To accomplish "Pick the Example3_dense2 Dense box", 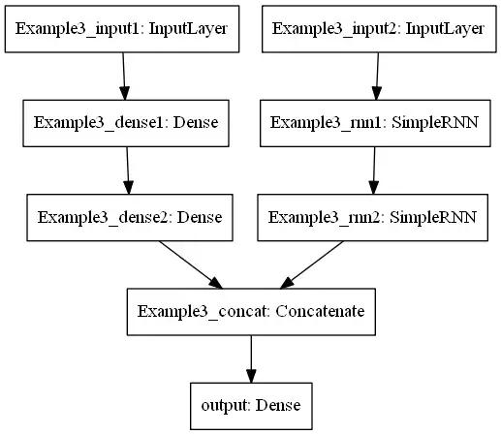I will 130,216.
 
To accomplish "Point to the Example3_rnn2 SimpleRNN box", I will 373,216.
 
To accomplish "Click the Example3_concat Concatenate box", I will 251,311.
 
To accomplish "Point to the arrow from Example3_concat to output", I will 251,358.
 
